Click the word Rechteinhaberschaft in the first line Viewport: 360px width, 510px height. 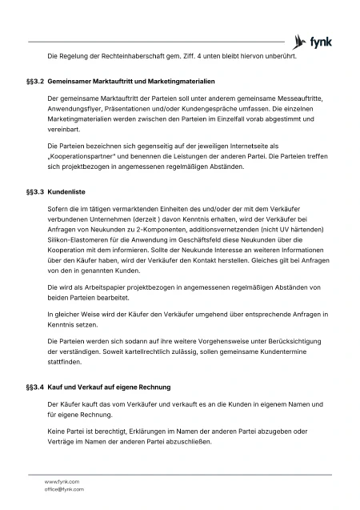point(122,56)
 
